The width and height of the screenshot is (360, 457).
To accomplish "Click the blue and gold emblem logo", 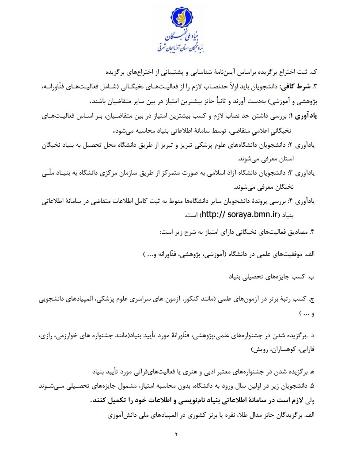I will coord(180,18).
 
